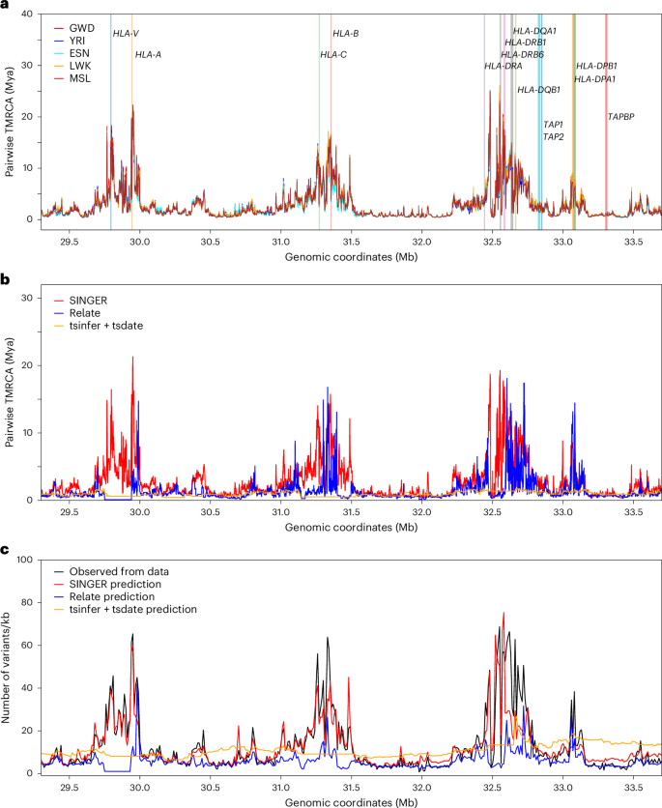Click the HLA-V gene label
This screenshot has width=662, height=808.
(126, 34)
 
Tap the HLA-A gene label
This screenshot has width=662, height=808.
(148, 54)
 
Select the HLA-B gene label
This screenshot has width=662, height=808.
(345, 34)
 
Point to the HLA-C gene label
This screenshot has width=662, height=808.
(333, 54)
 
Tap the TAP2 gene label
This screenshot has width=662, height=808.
(554, 136)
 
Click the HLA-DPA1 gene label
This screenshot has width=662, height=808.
(595, 79)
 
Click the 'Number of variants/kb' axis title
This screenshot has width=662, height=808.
(9, 667)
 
